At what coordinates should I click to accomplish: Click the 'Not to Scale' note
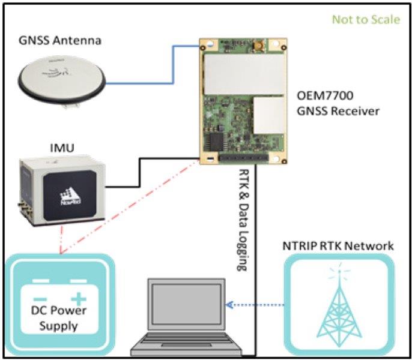(x=366, y=19)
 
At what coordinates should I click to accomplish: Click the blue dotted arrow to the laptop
(x=252, y=304)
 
